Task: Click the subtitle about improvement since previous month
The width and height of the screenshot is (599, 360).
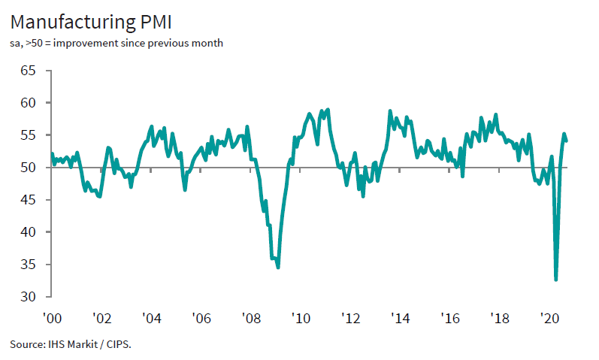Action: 116,43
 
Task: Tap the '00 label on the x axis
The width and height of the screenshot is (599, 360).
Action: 52,318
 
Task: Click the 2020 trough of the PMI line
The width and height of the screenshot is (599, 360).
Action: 556,280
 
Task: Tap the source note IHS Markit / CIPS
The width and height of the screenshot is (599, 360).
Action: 75,345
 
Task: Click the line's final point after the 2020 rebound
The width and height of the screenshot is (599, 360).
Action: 567,141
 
